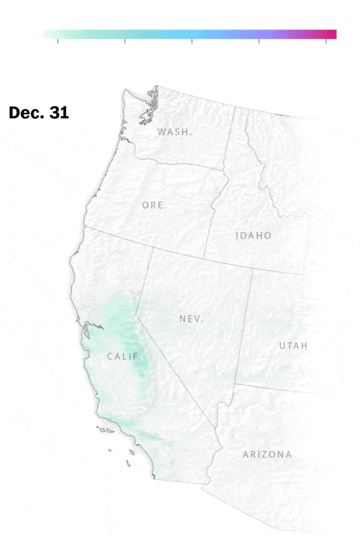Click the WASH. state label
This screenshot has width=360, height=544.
(175, 132)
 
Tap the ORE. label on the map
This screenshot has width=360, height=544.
(154, 205)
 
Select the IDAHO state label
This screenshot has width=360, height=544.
(254, 235)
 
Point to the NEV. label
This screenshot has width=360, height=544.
(191, 319)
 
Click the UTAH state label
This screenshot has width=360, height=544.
(293, 346)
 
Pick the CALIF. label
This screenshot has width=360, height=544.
(124, 357)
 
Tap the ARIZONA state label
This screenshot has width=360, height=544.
(267, 454)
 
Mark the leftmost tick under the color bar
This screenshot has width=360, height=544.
(58, 41)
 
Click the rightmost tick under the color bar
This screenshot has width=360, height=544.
(326, 41)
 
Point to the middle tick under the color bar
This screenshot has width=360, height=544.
(192, 41)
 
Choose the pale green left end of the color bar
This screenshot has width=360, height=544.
(47, 34)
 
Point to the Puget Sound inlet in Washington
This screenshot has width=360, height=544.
(150, 106)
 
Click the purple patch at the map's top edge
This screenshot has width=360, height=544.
(285, 114)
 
